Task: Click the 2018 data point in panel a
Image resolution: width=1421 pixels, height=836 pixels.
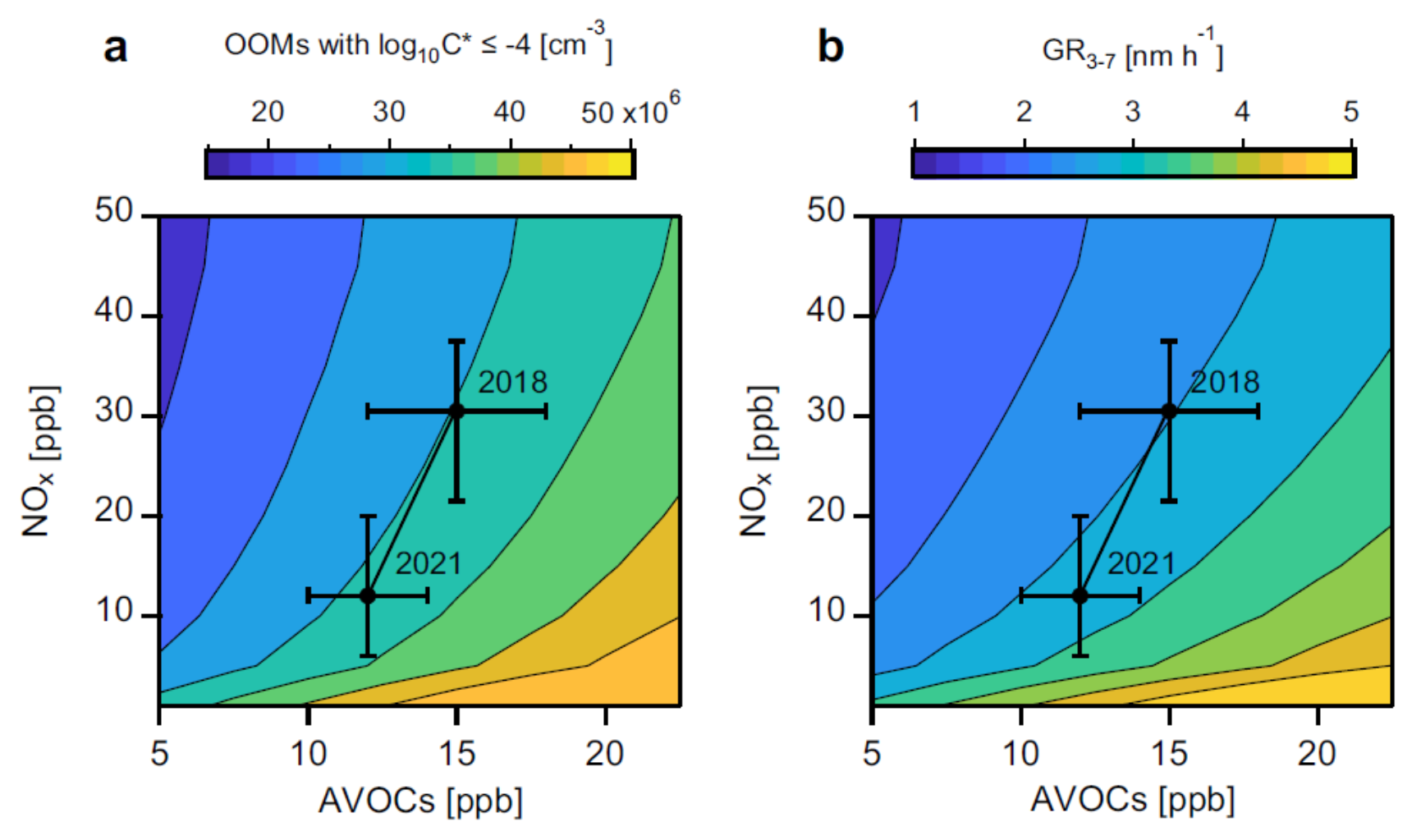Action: tap(456, 411)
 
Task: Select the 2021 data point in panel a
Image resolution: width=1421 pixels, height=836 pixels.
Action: tap(368, 595)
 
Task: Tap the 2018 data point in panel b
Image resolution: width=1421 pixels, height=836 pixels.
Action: tap(1169, 411)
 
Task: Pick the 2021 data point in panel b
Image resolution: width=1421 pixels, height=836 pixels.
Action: tap(1080, 595)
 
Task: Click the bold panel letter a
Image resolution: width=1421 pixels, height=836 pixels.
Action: tap(115, 48)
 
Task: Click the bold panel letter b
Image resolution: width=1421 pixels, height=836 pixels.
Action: tap(830, 47)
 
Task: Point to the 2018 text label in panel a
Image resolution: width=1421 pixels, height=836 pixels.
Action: tap(512, 382)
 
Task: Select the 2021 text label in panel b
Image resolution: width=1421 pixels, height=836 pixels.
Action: tap(1141, 563)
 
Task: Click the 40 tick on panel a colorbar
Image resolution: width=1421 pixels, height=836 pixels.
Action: tap(509, 112)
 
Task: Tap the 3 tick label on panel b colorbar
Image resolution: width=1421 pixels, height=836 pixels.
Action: tap(1133, 112)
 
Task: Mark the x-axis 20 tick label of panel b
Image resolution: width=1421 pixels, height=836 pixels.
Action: tap(1317, 753)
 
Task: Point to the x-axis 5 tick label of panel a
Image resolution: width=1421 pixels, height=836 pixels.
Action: tap(159, 753)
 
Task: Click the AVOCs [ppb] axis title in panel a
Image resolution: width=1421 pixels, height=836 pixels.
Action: tap(420, 800)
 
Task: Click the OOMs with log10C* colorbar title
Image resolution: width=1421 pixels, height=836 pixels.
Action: tap(418, 46)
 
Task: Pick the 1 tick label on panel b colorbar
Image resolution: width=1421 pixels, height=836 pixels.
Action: tap(914, 112)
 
